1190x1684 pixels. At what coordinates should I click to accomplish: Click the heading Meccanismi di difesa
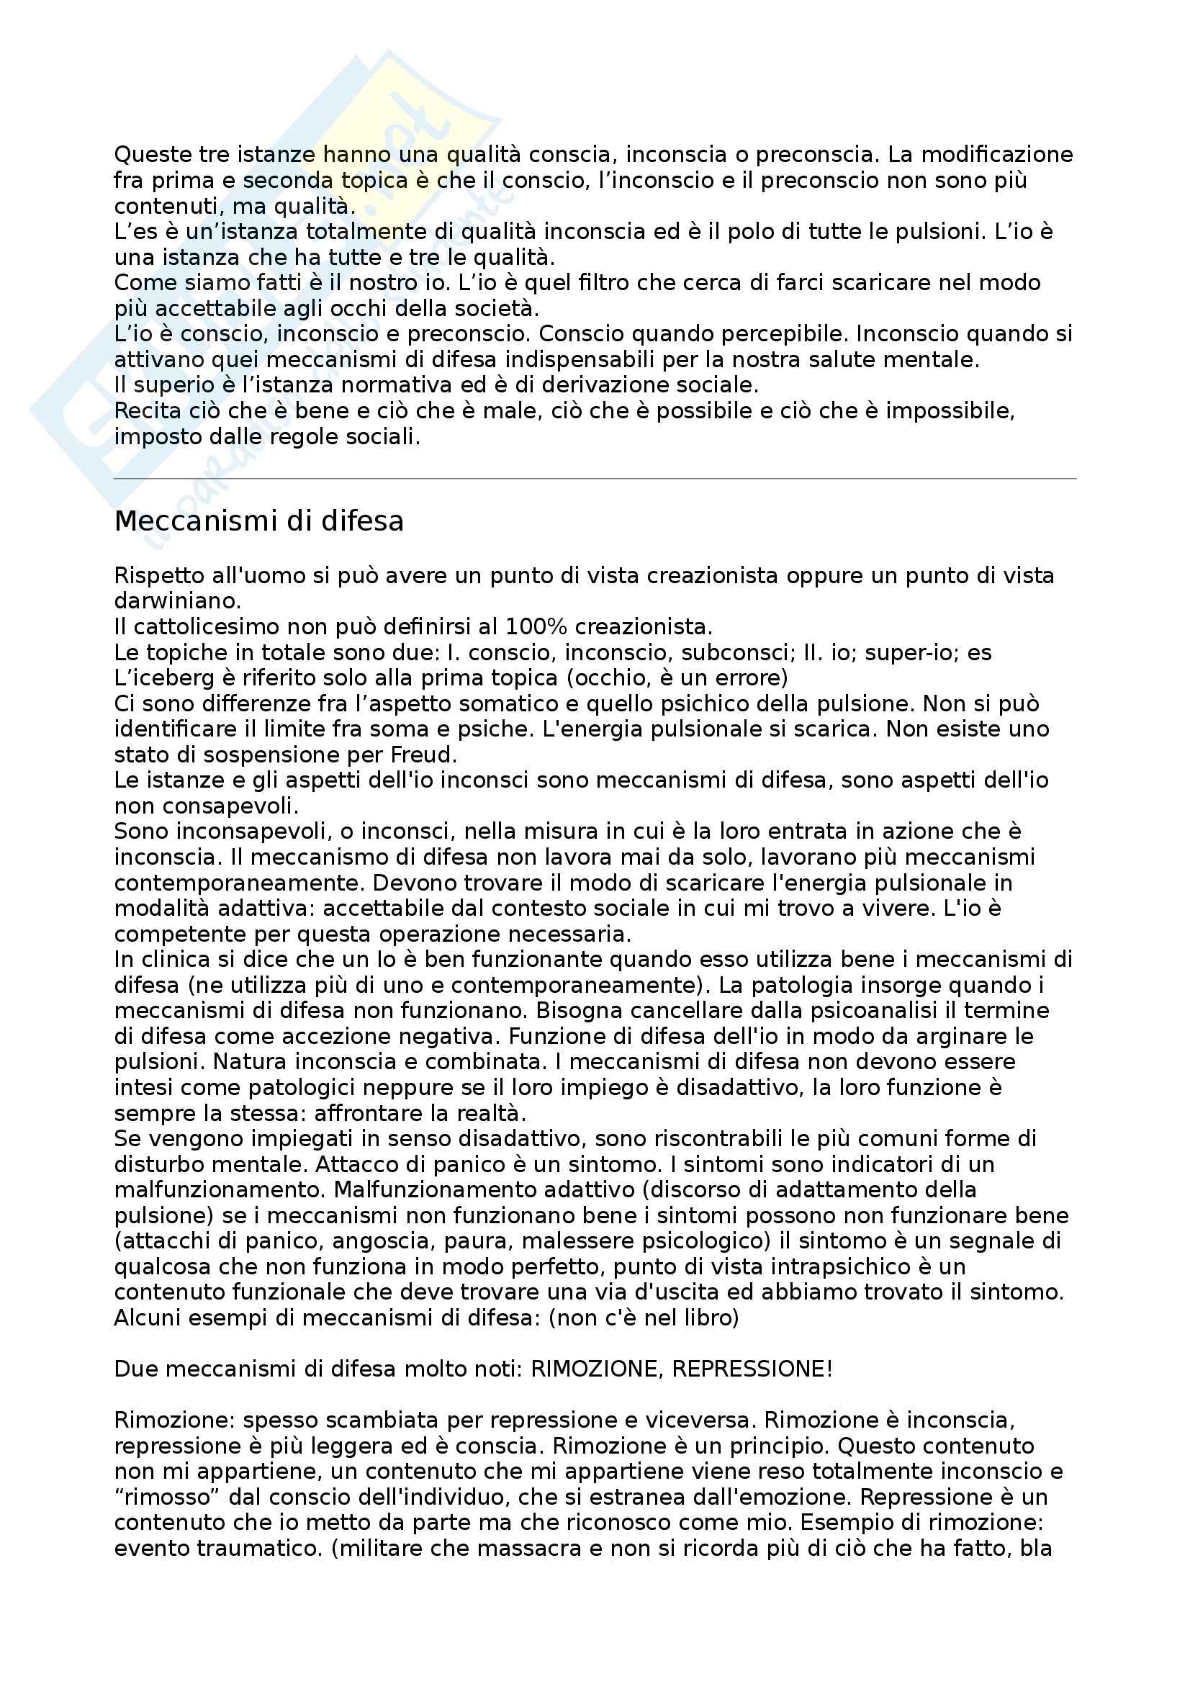click(259, 521)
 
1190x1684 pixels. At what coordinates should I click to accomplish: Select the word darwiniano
click(176, 601)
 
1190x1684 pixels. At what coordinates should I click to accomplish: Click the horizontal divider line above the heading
click(595, 479)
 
